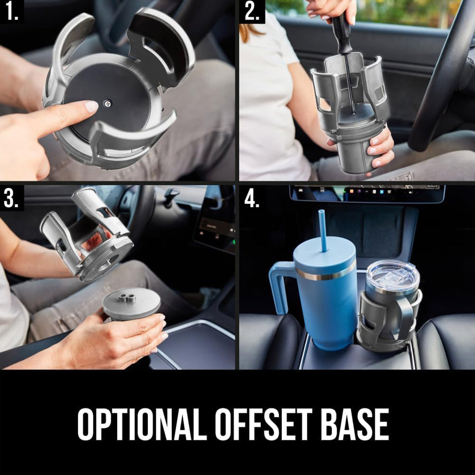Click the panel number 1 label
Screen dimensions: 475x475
[x=11, y=12]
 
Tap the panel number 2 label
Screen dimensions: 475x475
[x=252, y=12]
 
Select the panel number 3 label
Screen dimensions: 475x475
[x=11, y=199]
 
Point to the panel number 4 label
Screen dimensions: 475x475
[x=252, y=199]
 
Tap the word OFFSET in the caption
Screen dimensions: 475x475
[x=264, y=424]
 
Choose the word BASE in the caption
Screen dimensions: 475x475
[x=354, y=424]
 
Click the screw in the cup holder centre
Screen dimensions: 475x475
[x=107, y=104]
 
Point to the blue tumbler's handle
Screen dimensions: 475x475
[x=282, y=288]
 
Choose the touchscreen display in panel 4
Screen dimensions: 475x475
[x=367, y=193]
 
